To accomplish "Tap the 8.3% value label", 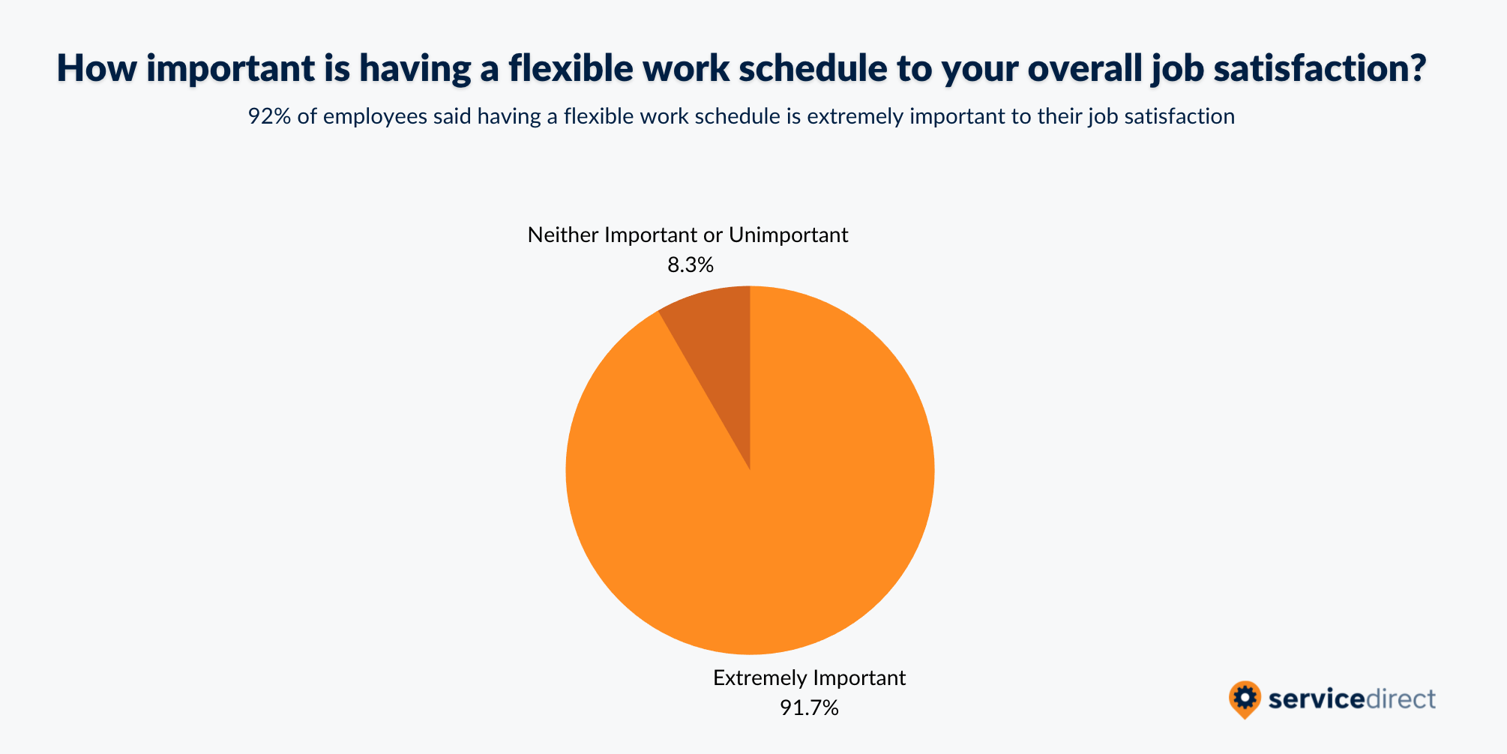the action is tap(691, 265).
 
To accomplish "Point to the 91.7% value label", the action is tap(809, 708).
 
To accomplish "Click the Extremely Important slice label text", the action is tap(809, 678).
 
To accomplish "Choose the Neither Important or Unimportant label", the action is tap(688, 235).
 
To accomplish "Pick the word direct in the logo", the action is tap(1401, 699).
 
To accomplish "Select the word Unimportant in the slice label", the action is tap(789, 235).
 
